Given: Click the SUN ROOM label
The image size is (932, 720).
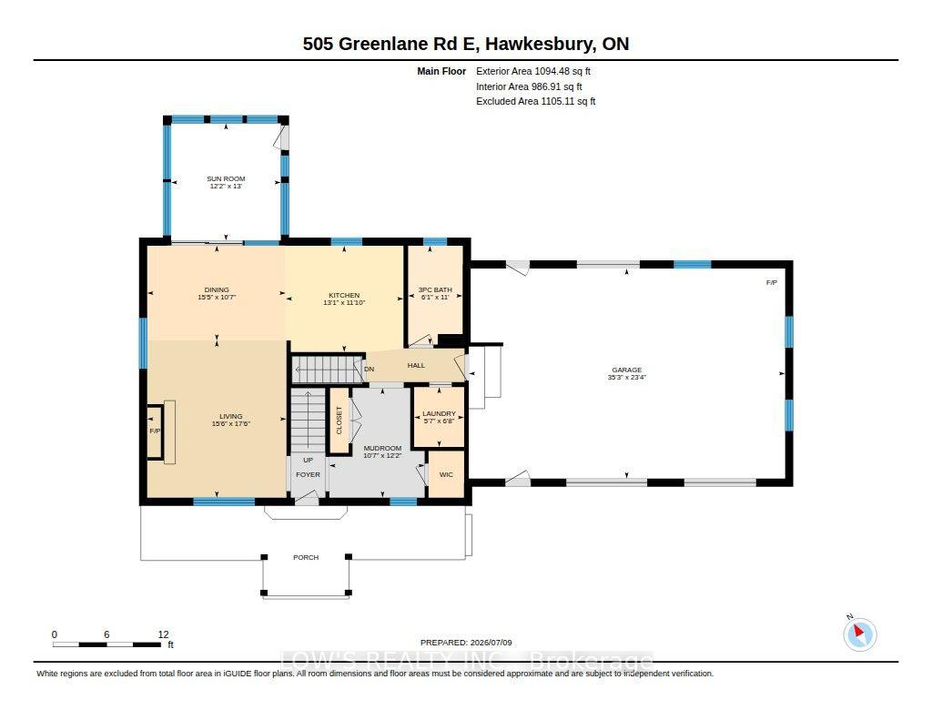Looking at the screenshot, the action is [x=226, y=178].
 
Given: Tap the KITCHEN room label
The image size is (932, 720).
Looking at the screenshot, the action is [x=344, y=295].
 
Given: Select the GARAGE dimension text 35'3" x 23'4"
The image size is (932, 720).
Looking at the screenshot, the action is [x=626, y=377].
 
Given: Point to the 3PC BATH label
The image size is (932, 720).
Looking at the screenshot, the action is [x=435, y=289].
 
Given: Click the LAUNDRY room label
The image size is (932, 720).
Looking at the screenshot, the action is [x=439, y=413].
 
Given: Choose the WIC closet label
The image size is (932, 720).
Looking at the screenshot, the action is [x=446, y=474].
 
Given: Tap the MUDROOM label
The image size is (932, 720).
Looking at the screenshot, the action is [x=383, y=448].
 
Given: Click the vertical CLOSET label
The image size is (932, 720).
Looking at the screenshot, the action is [x=339, y=421].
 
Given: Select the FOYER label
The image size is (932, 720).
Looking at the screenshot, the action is [x=308, y=474].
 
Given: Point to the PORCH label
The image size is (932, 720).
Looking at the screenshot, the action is [x=306, y=557].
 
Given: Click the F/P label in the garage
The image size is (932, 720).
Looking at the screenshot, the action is [x=772, y=282].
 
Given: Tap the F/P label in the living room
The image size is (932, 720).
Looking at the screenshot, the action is [x=155, y=431].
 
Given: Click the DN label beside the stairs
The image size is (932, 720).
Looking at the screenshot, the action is [x=370, y=369].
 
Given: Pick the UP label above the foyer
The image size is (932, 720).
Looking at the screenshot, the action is [x=308, y=460].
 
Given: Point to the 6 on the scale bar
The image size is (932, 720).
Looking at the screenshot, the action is [x=107, y=634].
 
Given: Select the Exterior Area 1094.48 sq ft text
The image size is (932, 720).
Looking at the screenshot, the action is [x=533, y=71].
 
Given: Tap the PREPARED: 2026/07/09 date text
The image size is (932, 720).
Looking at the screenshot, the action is [x=466, y=642].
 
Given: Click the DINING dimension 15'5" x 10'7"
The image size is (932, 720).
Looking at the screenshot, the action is [x=217, y=297].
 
